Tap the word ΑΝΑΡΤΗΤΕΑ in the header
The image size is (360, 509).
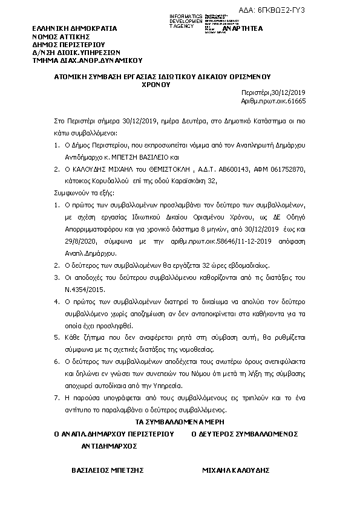pyautogui.click(x=243, y=28)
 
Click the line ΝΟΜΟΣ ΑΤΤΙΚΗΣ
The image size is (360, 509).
pyautogui.click(x=63, y=36)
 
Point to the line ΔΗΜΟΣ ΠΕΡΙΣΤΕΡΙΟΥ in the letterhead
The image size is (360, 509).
pyautogui.click(x=69, y=44)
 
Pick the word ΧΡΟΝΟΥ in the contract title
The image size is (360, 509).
pyautogui.click(x=156, y=85)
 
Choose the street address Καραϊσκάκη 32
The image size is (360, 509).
pyautogui.click(x=195, y=180)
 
